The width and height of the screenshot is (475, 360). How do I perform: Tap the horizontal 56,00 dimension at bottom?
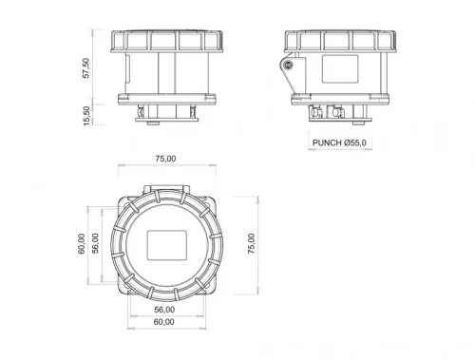(164, 310)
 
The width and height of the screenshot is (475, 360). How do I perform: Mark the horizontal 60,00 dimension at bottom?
(164, 322)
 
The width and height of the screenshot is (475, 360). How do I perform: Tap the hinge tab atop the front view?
(164, 190)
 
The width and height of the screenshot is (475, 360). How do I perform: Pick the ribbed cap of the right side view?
(339, 40)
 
